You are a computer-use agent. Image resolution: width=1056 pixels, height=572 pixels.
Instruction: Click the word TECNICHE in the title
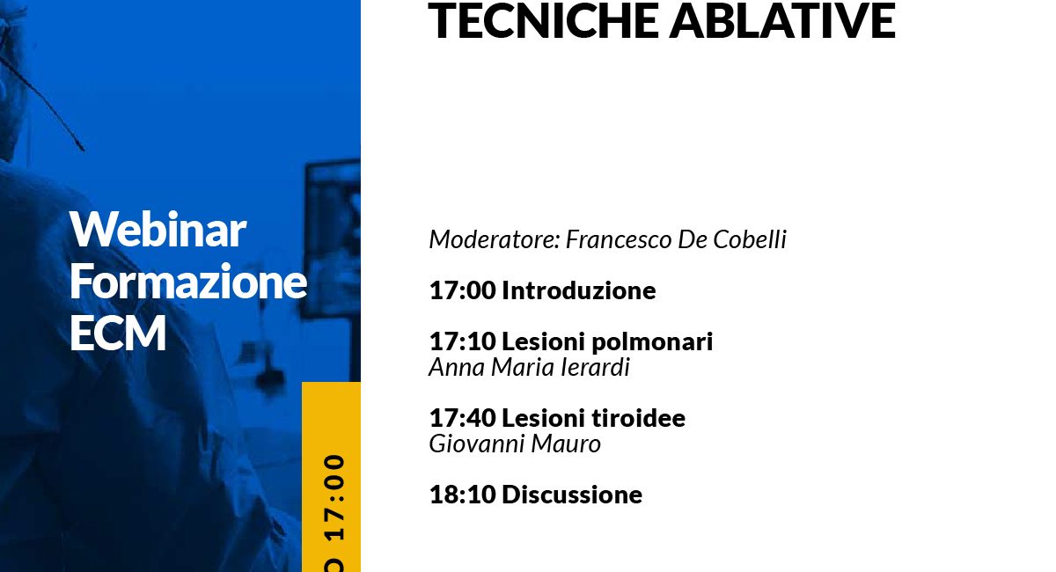point(543,20)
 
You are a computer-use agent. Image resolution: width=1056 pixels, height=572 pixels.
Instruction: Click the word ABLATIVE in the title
point(782,20)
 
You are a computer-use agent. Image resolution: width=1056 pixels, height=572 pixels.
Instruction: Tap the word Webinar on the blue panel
point(158,229)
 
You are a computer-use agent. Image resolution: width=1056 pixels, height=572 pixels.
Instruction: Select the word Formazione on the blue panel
point(188,281)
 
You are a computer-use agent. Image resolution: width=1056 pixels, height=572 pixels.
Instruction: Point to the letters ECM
point(118,333)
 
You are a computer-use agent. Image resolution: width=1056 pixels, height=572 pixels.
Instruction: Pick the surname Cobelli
point(750,239)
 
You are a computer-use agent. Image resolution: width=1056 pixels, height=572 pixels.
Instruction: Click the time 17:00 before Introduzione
point(463,290)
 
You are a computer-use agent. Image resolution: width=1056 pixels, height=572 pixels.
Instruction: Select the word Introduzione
point(579,290)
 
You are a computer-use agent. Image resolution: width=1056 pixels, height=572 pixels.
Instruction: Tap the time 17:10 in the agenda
point(463,341)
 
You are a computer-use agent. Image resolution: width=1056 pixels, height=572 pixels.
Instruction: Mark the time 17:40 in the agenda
point(463,418)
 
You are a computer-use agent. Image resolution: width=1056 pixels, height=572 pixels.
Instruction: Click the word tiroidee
point(638,418)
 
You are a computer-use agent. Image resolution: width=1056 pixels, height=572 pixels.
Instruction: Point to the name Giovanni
point(477,444)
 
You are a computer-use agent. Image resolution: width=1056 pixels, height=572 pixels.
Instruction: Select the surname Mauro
point(566,444)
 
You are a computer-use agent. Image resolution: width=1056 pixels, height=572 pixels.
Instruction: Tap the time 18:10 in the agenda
point(463,495)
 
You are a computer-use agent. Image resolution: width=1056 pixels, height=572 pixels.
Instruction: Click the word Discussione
point(572,495)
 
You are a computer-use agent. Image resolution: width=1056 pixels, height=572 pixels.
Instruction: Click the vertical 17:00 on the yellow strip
point(334,497)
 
